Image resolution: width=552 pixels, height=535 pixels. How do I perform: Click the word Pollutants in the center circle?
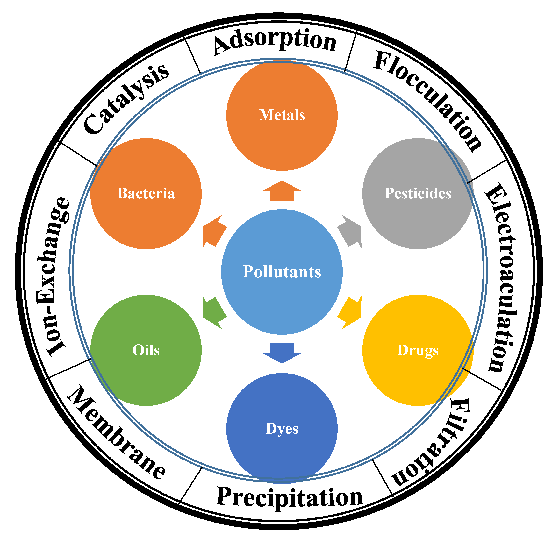(x=282, y=272)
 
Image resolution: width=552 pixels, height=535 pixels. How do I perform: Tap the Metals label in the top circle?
(x=282, y=115)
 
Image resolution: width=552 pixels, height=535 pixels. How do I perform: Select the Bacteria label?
(x=146, y=193)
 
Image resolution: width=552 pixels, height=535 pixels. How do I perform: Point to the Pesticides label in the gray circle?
(x=418, y=193)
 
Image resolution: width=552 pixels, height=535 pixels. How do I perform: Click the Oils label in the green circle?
(x=146, y=350)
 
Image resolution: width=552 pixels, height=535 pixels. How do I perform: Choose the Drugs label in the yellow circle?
(x=418, y=350)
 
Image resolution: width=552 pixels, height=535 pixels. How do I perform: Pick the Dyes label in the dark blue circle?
(x=282, y=429)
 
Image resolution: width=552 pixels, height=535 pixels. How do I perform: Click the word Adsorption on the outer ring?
(x=275, y=42)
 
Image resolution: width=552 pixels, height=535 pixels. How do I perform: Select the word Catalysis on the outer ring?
(x=127, y=99)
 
